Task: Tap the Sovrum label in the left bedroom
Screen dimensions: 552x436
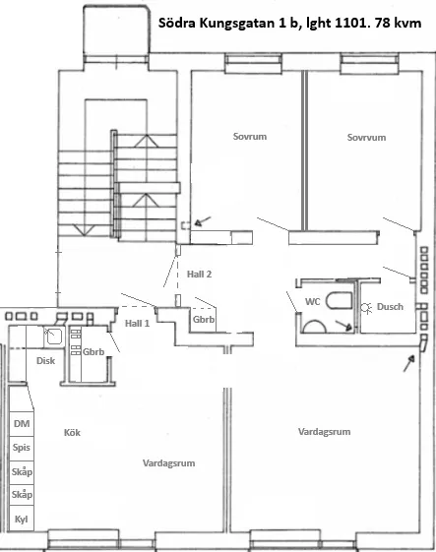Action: (x=250, y=136)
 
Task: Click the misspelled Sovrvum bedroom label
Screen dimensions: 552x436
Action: (x=365, y=137)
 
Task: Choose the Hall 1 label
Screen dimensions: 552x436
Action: (x=138, y=323)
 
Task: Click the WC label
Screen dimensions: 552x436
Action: (x=310, y=301)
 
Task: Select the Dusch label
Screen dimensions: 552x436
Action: (x=390, y=306)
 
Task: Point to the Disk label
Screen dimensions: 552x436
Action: (x=44, y=360)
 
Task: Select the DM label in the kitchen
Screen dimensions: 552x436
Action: (x=21, y=423)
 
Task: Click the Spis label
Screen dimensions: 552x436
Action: (x=21, y=447)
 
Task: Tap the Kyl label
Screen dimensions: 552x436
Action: (x=21, y=519)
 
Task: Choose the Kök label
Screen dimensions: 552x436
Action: (x=71, y=432)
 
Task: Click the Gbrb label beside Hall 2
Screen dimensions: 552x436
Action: (x=204, y=319)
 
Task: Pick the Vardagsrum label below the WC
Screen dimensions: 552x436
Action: (x=324, y=432)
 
